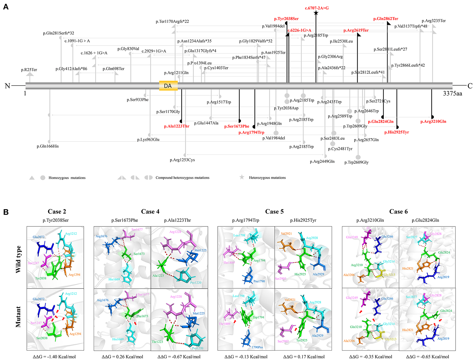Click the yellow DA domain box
(168, 86)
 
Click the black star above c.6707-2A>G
(316, 13)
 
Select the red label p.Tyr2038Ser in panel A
(286, 19)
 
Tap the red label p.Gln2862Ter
(385, 19)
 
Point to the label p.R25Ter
(29, 70)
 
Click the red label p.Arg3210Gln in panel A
(433, 122)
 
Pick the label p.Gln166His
(48, 146)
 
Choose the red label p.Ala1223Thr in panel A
(177, 126)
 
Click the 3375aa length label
(452, 94)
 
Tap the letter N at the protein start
(7, 86)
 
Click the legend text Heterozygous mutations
(267, 178)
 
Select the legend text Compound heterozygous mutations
(182, 178)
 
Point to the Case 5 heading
(274, 212)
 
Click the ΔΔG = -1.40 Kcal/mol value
(54, 357)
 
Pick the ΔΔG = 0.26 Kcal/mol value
(122, 357)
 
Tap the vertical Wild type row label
(18, 259)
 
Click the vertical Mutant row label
(18, 317)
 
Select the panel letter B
(6, 212)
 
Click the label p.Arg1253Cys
(182, 160)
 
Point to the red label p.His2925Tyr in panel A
(396, 132)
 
